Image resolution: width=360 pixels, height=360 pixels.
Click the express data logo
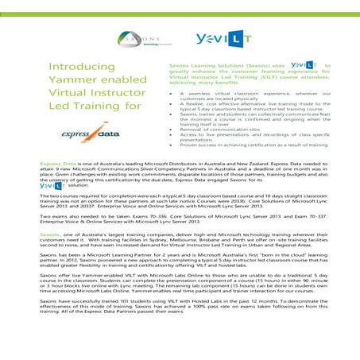click(87, 136)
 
